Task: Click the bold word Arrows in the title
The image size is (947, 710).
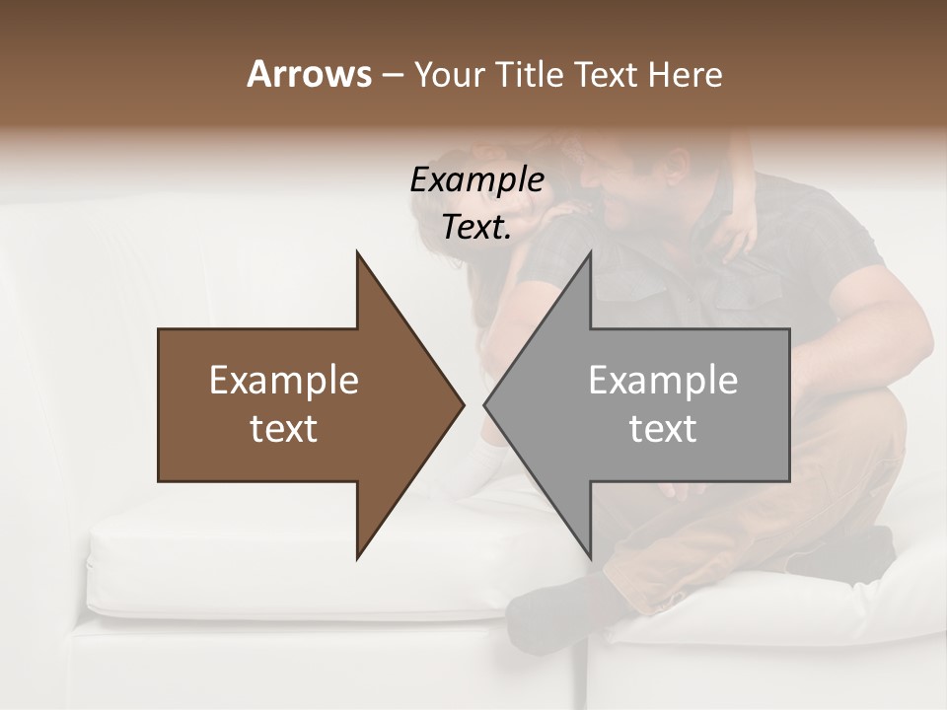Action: click(309, 74)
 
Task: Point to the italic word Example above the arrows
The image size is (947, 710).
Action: click(476, 180)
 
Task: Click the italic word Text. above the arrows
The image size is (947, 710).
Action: click(476, 228)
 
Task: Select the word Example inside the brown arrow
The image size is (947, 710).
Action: click(284, 381)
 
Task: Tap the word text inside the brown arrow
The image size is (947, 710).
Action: click(284, 429)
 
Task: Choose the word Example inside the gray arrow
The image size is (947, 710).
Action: click(663, 381)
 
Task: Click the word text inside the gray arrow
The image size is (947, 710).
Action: click(663, 429)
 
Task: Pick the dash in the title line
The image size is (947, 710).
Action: click(392, 75)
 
